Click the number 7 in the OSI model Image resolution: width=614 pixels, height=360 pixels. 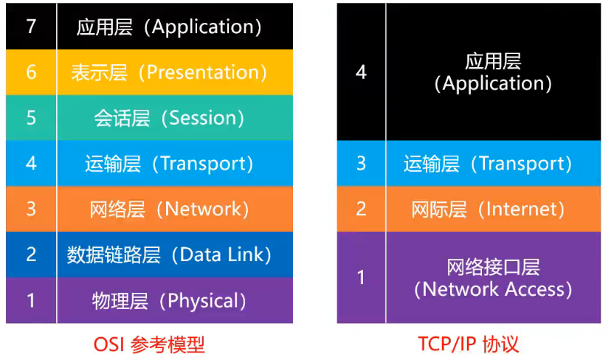tap(31, 27)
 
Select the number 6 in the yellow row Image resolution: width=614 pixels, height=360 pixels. tap(31, 72)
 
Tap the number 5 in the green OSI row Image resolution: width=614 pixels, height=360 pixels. tap(31, 118)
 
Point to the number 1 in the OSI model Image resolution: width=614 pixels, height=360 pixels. tap(31, 300)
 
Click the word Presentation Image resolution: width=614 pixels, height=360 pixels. tap(202, 72)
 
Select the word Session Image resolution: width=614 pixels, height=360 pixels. tap(202, 118)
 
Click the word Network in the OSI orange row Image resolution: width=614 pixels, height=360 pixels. tap(202, 209)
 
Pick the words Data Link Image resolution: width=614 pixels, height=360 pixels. tap(222, 255)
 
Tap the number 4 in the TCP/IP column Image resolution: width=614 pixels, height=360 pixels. tap(361, 72)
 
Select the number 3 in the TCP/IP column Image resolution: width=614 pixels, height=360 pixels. tap(361, 164)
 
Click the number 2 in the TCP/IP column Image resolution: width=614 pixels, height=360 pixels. tap(361, 209)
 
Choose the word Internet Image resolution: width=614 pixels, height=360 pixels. tap(521, 209)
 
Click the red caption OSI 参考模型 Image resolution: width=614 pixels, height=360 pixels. tap(149, 345)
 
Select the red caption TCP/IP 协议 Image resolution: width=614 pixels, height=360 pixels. tap(469, 345)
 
